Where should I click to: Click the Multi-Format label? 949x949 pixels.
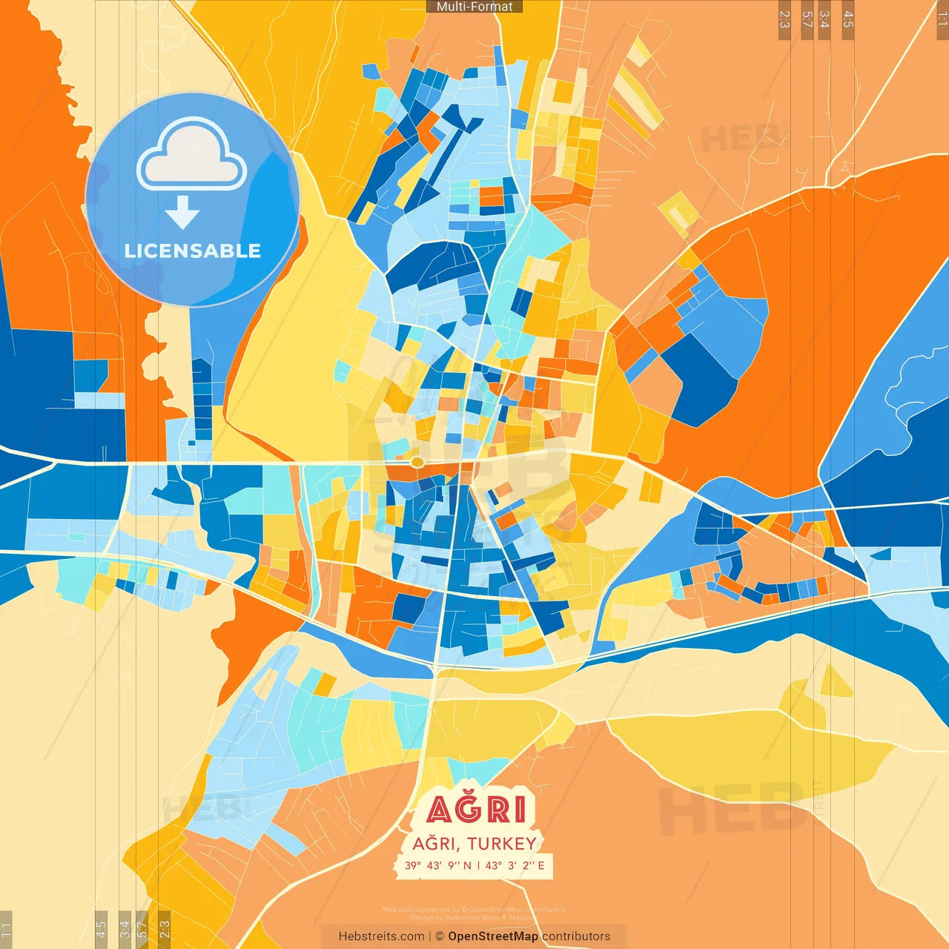coord(474,7)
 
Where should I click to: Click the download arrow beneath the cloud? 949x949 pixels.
coord(182,212)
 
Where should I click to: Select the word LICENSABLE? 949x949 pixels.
coord(193,251)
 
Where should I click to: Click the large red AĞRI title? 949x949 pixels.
coord(478,810)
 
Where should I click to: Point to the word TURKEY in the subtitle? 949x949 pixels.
coord(502,844)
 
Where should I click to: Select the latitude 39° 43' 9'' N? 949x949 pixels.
coord(437,865)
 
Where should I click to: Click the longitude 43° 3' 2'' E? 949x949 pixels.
coord(515,865)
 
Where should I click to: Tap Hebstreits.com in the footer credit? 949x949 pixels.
coord(381,936)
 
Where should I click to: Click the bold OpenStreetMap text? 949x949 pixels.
coord(493,936)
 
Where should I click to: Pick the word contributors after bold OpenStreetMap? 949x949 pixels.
coord(576,936)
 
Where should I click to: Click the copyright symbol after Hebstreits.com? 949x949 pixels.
coord(440,936)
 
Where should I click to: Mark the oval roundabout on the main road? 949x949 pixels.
coord(417,462)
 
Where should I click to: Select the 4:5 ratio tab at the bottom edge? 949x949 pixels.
coord(101,928)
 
